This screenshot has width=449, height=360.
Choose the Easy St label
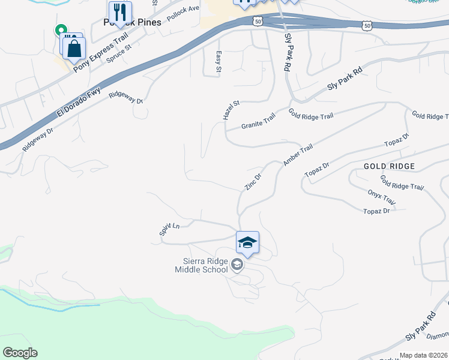pos(218,62)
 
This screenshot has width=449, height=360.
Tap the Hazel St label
pos(231,110)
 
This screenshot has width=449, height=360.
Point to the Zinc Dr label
pos(253,181)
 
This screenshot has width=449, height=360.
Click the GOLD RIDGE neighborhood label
pos(389,165)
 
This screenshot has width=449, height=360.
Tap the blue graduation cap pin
pos(247,243)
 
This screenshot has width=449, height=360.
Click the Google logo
pos(20,353)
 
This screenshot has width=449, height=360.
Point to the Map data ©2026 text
pos(423,355)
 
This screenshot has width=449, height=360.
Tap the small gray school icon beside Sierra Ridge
pos(237,265)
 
